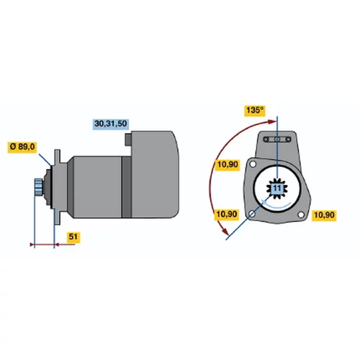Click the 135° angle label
point(255,111)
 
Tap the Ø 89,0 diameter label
point(22,147)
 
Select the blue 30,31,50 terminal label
point(111,124)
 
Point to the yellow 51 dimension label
point(73,237)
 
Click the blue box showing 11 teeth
point(277,188)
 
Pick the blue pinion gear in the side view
point(38,187)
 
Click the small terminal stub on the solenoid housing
point(128,140)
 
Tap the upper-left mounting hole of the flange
point(253,164)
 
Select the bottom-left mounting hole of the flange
point(252,214)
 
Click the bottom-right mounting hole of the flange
point(301,215)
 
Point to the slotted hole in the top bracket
point(277,139)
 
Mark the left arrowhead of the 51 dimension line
point(32,245)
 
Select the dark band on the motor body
point(127,187)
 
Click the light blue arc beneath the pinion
point(277,205)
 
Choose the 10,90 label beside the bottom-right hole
point(324,215)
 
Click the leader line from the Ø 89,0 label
point(45,160)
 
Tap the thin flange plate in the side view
point(57,187)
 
